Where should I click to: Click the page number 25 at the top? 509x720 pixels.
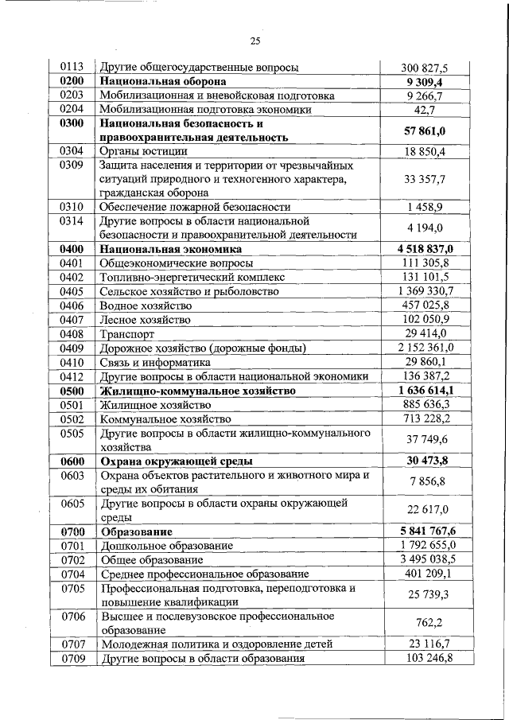click(254, 41)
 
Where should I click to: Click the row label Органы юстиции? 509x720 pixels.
click(144, 150)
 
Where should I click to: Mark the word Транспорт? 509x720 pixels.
click(127, 334)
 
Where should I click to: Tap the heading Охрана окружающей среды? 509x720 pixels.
click(176, 461)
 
